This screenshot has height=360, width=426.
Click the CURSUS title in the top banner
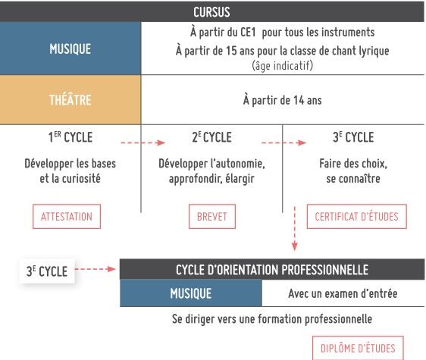click(x=211, y=12)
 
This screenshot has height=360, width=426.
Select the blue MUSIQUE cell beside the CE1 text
click(x=70, y=49)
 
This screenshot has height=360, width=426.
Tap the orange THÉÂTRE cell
click(x=70, y=100)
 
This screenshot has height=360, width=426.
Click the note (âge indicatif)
click(x=282, y=65)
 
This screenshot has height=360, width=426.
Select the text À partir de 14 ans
click(x=282, y=100)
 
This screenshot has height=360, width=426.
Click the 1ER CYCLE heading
click(x=70, y=137)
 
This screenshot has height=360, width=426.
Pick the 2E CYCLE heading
click(x=211, y=137)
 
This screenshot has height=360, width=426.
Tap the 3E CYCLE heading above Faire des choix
click(x=353, y=137)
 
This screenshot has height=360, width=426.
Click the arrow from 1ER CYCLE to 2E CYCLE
click(x=143, y=142)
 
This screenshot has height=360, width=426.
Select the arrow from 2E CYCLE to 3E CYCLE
click(x=284, y=142)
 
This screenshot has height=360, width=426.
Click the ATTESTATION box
click(x=67, y=217)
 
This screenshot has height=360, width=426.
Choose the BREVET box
click(x=212, y=217)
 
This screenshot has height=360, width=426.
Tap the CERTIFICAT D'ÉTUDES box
click(x=357, y=217)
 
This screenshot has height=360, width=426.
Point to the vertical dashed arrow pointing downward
click(x=295, y=229)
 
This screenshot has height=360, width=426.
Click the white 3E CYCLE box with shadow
click(x=47, y=271)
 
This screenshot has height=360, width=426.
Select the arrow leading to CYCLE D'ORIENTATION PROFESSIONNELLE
click(x=95, y=269)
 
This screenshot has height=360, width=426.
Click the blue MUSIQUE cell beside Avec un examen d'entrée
click(x=191, y=293)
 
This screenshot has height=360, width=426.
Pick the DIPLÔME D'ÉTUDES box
click(x=358, y=349)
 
